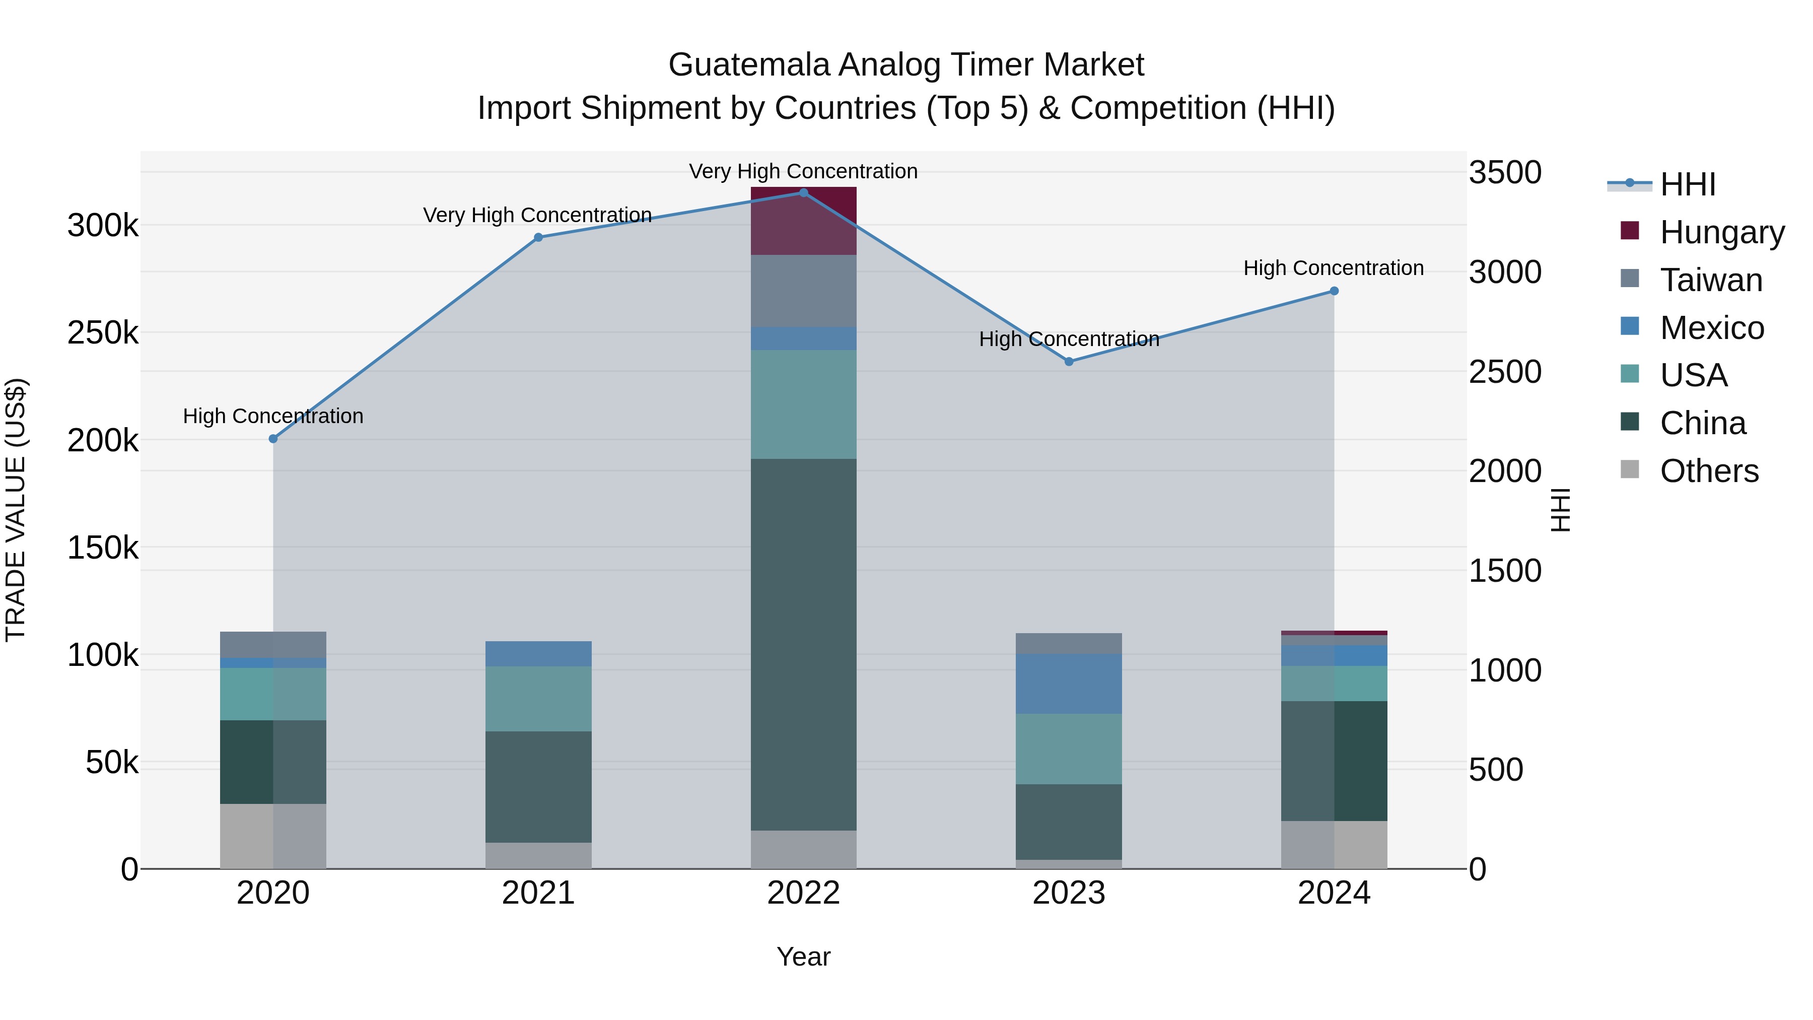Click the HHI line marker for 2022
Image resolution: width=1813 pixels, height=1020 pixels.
pos(804,193)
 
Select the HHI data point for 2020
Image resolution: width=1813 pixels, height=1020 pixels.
pos(273,439)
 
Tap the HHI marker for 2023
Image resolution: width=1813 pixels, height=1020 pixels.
pos(1068,362)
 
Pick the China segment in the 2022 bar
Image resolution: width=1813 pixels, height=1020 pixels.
pos(804,644)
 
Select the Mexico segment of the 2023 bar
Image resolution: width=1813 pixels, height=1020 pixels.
pos(1068,684)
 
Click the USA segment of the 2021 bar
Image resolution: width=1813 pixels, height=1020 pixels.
pos(538,698)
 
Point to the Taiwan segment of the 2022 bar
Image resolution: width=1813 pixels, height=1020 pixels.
pos(804,291)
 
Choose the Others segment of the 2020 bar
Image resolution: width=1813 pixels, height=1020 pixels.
pos(273,836)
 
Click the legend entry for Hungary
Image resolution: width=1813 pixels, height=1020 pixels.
pos(1721,232)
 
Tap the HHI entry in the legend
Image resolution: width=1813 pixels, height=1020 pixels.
pos(1687,184)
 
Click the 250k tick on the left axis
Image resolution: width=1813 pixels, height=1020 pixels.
pos(103,333)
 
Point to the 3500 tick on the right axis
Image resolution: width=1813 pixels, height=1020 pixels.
pos(1505,172)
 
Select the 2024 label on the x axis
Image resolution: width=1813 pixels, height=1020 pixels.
pos(1334,893)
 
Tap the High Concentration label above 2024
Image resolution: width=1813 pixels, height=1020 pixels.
pos(1333,268)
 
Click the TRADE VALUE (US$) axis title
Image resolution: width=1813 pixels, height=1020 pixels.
pos(16,510)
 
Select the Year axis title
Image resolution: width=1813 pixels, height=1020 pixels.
pos(803,957)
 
